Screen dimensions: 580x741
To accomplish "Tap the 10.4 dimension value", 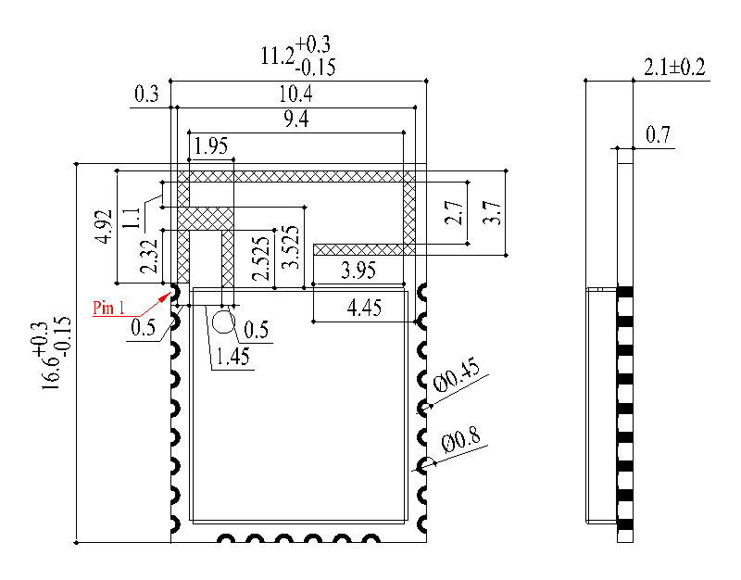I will (295, 95).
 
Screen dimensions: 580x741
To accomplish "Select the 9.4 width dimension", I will (295, 120).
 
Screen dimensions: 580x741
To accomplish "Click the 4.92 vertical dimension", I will (105, 226).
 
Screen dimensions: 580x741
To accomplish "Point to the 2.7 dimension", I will (454, 214).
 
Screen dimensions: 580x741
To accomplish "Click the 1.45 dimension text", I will (232, 358).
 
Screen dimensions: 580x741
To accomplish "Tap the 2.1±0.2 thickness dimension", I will (674, 68).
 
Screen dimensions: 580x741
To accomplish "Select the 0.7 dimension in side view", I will (658, 135).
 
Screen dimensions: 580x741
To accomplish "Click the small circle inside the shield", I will (223, 322).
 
